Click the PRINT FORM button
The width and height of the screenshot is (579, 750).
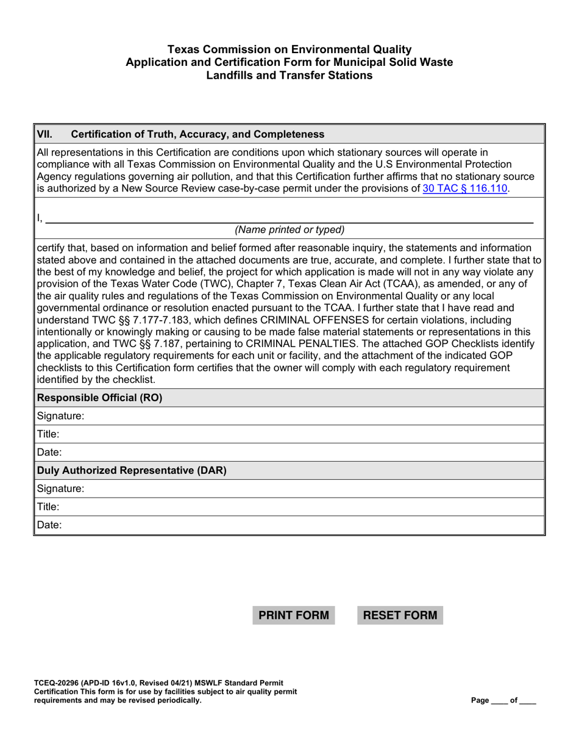tap(294, 615)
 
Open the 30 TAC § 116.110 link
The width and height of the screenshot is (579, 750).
tap(464, 188)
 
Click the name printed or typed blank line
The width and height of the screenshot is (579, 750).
tap(289, 218)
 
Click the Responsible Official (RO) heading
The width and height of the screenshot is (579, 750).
tap(100, 398)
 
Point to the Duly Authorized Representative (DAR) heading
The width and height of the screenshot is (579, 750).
tap(132, 471)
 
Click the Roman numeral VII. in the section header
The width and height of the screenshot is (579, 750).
tap(44, 134)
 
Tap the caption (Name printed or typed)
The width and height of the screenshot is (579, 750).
tap(289, 230)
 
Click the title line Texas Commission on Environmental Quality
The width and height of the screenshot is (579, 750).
tap(289, 49)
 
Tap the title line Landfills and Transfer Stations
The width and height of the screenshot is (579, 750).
tap(289, 76)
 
